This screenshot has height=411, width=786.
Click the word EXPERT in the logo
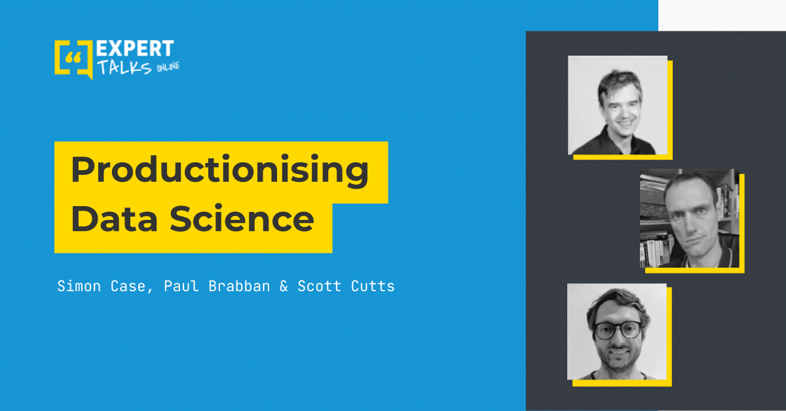click(x=135, y=48)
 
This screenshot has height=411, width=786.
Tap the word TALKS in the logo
click(x=124, y=67)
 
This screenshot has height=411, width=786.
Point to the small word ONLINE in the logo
click(x=168, y=66)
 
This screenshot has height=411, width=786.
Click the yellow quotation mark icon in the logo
click(x=73, y=58)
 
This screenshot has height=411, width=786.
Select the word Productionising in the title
click(x=220, y=170)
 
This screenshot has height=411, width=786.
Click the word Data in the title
click(x=114, y=219)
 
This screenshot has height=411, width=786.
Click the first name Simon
click(x=79, y=286)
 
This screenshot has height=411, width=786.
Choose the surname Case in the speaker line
click(x=128, y=287)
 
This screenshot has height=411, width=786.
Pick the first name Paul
click(x=181, y=286)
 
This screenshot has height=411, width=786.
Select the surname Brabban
click(x=239, y=286)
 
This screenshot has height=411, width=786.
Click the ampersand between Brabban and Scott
click(x=284, y=287)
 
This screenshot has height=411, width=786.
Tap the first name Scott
click(x=320, y=287)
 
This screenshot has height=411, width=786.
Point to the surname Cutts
click(x=373, y=287)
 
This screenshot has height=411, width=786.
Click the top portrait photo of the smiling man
click(x=618, y=105)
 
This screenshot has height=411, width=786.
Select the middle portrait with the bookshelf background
click(x=690, y=218)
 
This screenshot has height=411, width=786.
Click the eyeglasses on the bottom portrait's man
click(x=618, y=330)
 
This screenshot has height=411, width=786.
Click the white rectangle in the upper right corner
click(x=722, y=16)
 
